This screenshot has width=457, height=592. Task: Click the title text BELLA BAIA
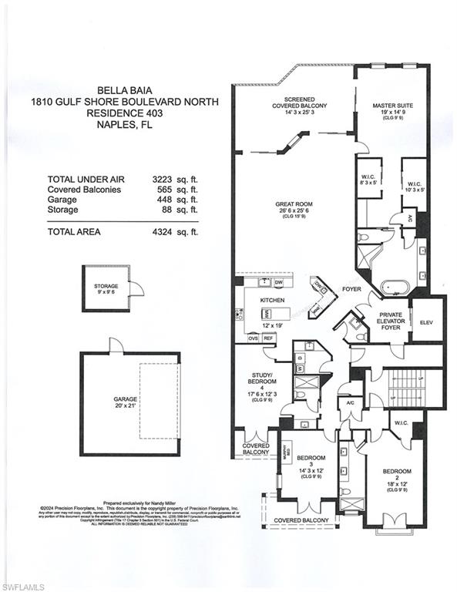[123, 89]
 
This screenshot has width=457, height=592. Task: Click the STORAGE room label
[106, 287]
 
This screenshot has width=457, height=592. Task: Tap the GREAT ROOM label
[293, 205]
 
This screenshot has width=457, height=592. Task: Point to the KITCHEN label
[273, 299]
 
